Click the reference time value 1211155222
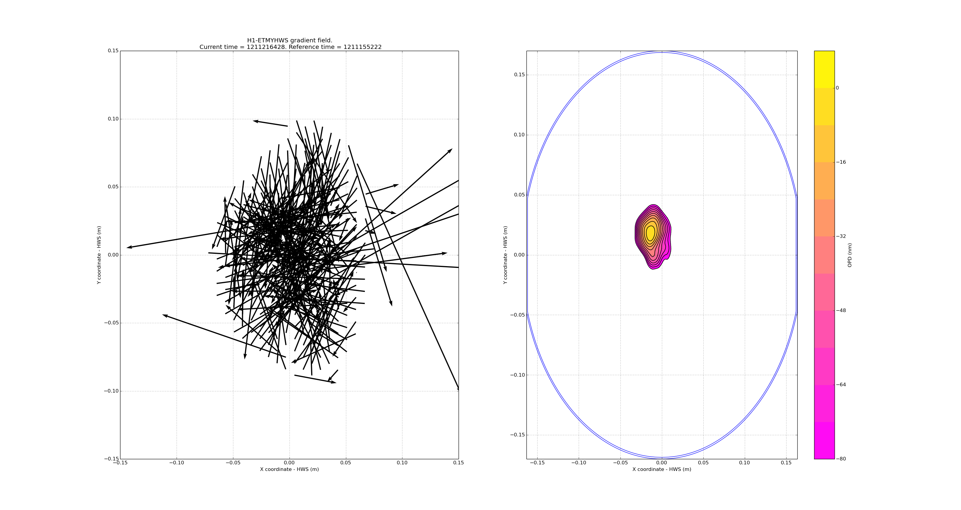coord(362,47)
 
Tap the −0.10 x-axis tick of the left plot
coord(177,463)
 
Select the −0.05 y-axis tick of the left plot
coord(111,323)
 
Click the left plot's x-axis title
coord(289,469)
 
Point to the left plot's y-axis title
coord(99,255)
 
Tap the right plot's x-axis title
coord(661,469)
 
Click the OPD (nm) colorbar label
coord(850,255)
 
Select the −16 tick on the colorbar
coord(841,162)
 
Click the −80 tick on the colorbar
coord(841,459)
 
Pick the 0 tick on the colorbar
coord(838,88)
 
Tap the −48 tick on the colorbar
coord(841,310)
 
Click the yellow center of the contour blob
coord(650,232)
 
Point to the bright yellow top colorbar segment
coord(824,69)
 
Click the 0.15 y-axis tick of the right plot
coord(519,74)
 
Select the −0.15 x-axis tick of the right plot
coord(537,463)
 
